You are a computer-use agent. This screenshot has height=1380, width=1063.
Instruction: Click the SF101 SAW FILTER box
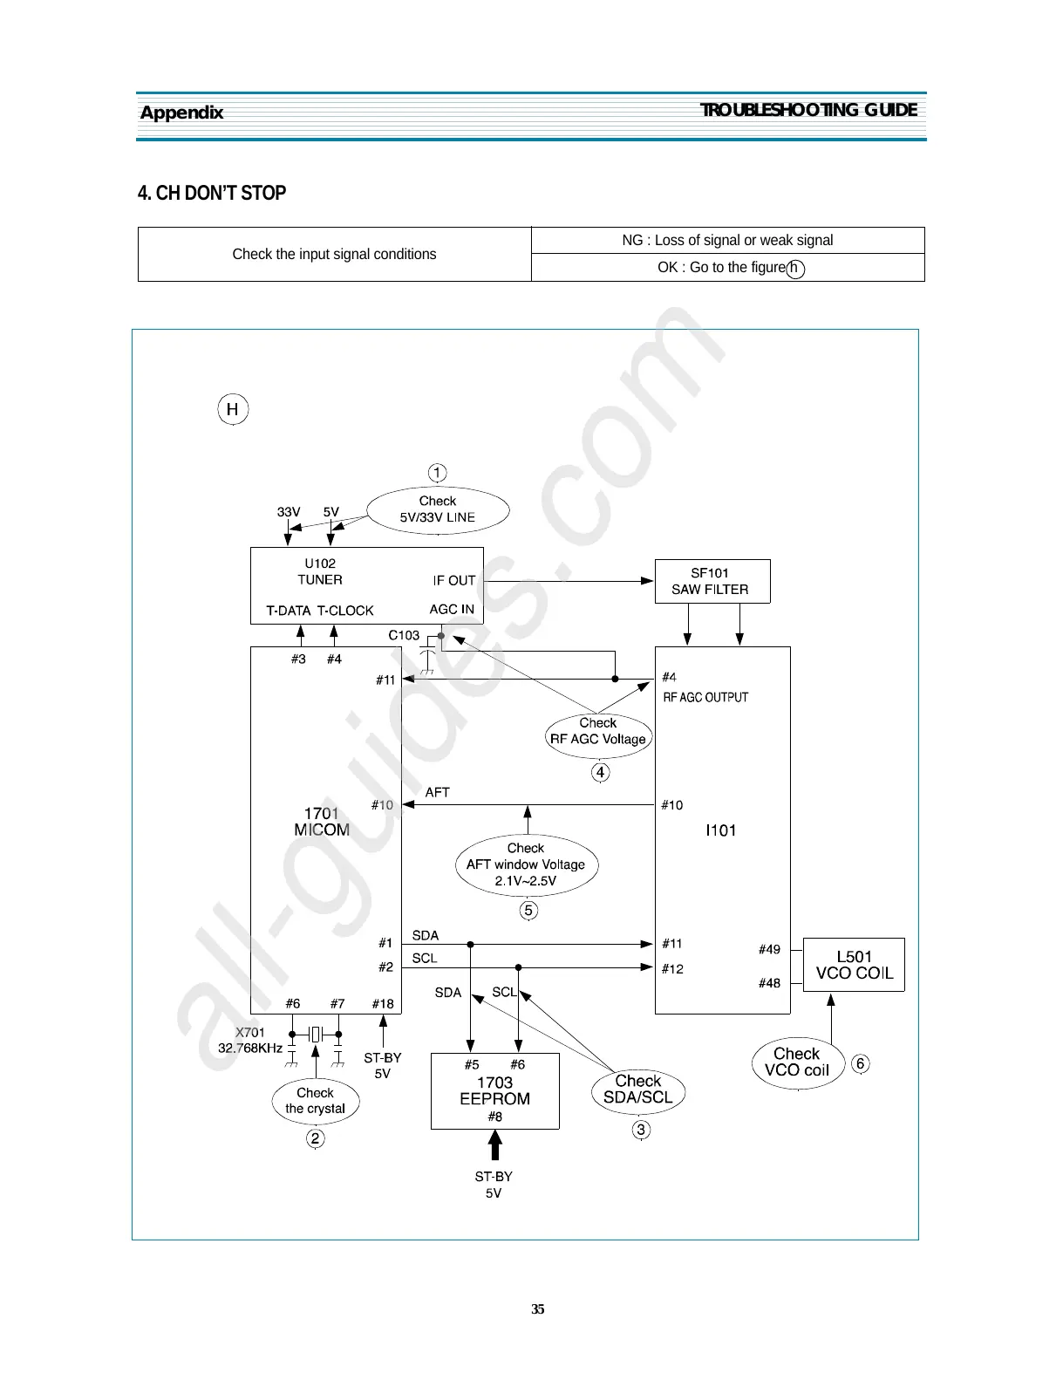point(712,581)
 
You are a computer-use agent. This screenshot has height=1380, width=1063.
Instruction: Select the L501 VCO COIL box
point(853,964)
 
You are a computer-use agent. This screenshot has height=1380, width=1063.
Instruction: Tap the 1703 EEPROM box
point(494,1090)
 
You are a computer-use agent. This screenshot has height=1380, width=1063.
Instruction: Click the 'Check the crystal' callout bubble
point(315,1101)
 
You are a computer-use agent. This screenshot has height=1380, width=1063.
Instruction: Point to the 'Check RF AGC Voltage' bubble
point(598,732)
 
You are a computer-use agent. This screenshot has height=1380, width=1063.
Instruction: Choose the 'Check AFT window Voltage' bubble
point(526,864)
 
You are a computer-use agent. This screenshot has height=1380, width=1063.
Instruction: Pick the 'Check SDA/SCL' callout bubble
point(637,1090)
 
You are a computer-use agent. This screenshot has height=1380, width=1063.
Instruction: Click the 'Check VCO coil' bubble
point(796,1062)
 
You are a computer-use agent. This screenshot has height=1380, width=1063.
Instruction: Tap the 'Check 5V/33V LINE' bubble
point(438,509)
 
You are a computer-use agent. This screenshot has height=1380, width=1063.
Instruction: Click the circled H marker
point(233,410)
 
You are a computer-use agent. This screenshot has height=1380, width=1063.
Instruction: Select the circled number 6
point(860,1063)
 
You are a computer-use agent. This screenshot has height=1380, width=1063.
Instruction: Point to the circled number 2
point(316,1138)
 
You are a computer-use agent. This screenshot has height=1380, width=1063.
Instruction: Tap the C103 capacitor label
point(404,635)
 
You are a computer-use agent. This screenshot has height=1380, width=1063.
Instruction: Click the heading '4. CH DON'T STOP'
point(212,193)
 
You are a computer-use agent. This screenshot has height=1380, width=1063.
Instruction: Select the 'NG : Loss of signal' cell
point(727,240)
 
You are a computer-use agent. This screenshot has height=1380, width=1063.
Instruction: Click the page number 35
point(538,1308)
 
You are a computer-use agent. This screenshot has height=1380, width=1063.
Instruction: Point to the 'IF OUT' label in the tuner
point(453,580)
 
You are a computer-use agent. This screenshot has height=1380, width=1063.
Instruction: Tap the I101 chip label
point(720,830)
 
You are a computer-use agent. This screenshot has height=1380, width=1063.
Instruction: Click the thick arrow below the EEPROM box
point(494,1144)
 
